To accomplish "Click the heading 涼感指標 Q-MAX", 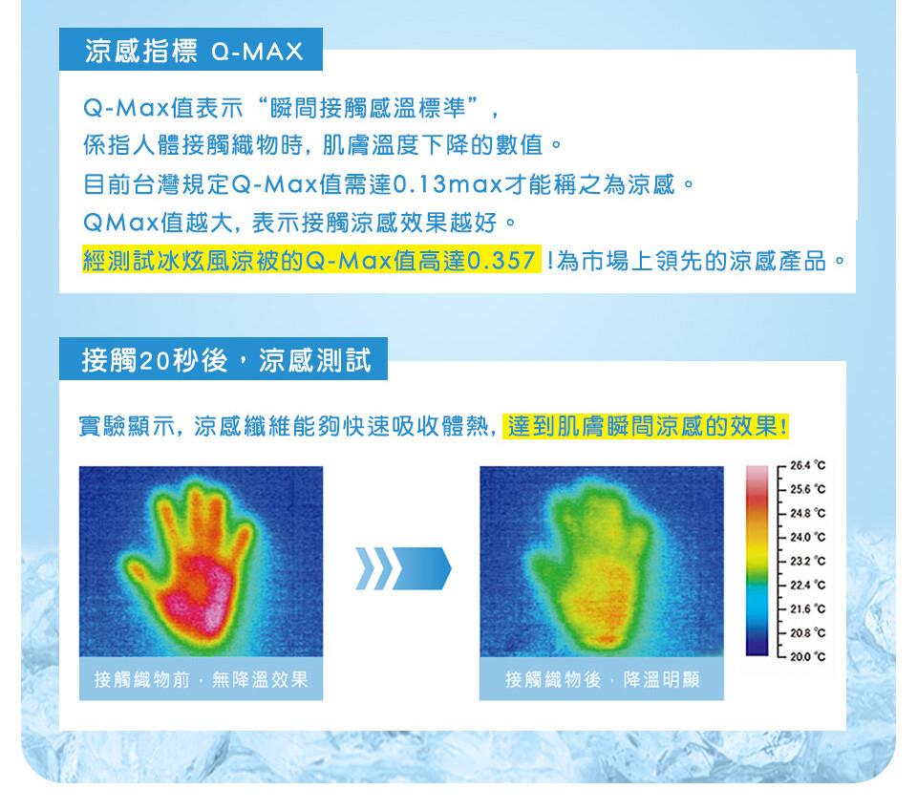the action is pyautogui.click(x=194, y=51).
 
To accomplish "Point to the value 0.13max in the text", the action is pyautogui.click(x=448, y=184).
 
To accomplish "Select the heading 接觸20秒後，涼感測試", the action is pyautogui.click(x=225, y=360).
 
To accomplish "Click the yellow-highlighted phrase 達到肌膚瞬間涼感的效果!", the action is pyautogui.click(x=648, y=426).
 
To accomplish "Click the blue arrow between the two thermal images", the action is pyautogui.click(x=403, y=568).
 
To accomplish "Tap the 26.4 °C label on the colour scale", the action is pyautogui.click(x=807, y=465).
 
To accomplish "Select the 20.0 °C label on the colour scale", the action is pyautogui.click(x=807, y=657).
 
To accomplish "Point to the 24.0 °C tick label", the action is pyautogui.click(x=807, y=537).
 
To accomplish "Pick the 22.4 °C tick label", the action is pyautogui.click(x=807, y=585).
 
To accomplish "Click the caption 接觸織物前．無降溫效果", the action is pyautogui.click(x=202, y=679).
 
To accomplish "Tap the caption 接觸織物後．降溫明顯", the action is pyautogui.click(x=603, y=679).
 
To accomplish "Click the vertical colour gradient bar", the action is pyautogui.click(x=757, y=561).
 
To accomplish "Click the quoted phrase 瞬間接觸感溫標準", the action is pyautogui.click(x=368, y=108).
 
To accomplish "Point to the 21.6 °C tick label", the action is pyautogui.click(x=807, y=608).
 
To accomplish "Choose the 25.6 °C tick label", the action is pyautogui.click(x=807, y=489).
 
